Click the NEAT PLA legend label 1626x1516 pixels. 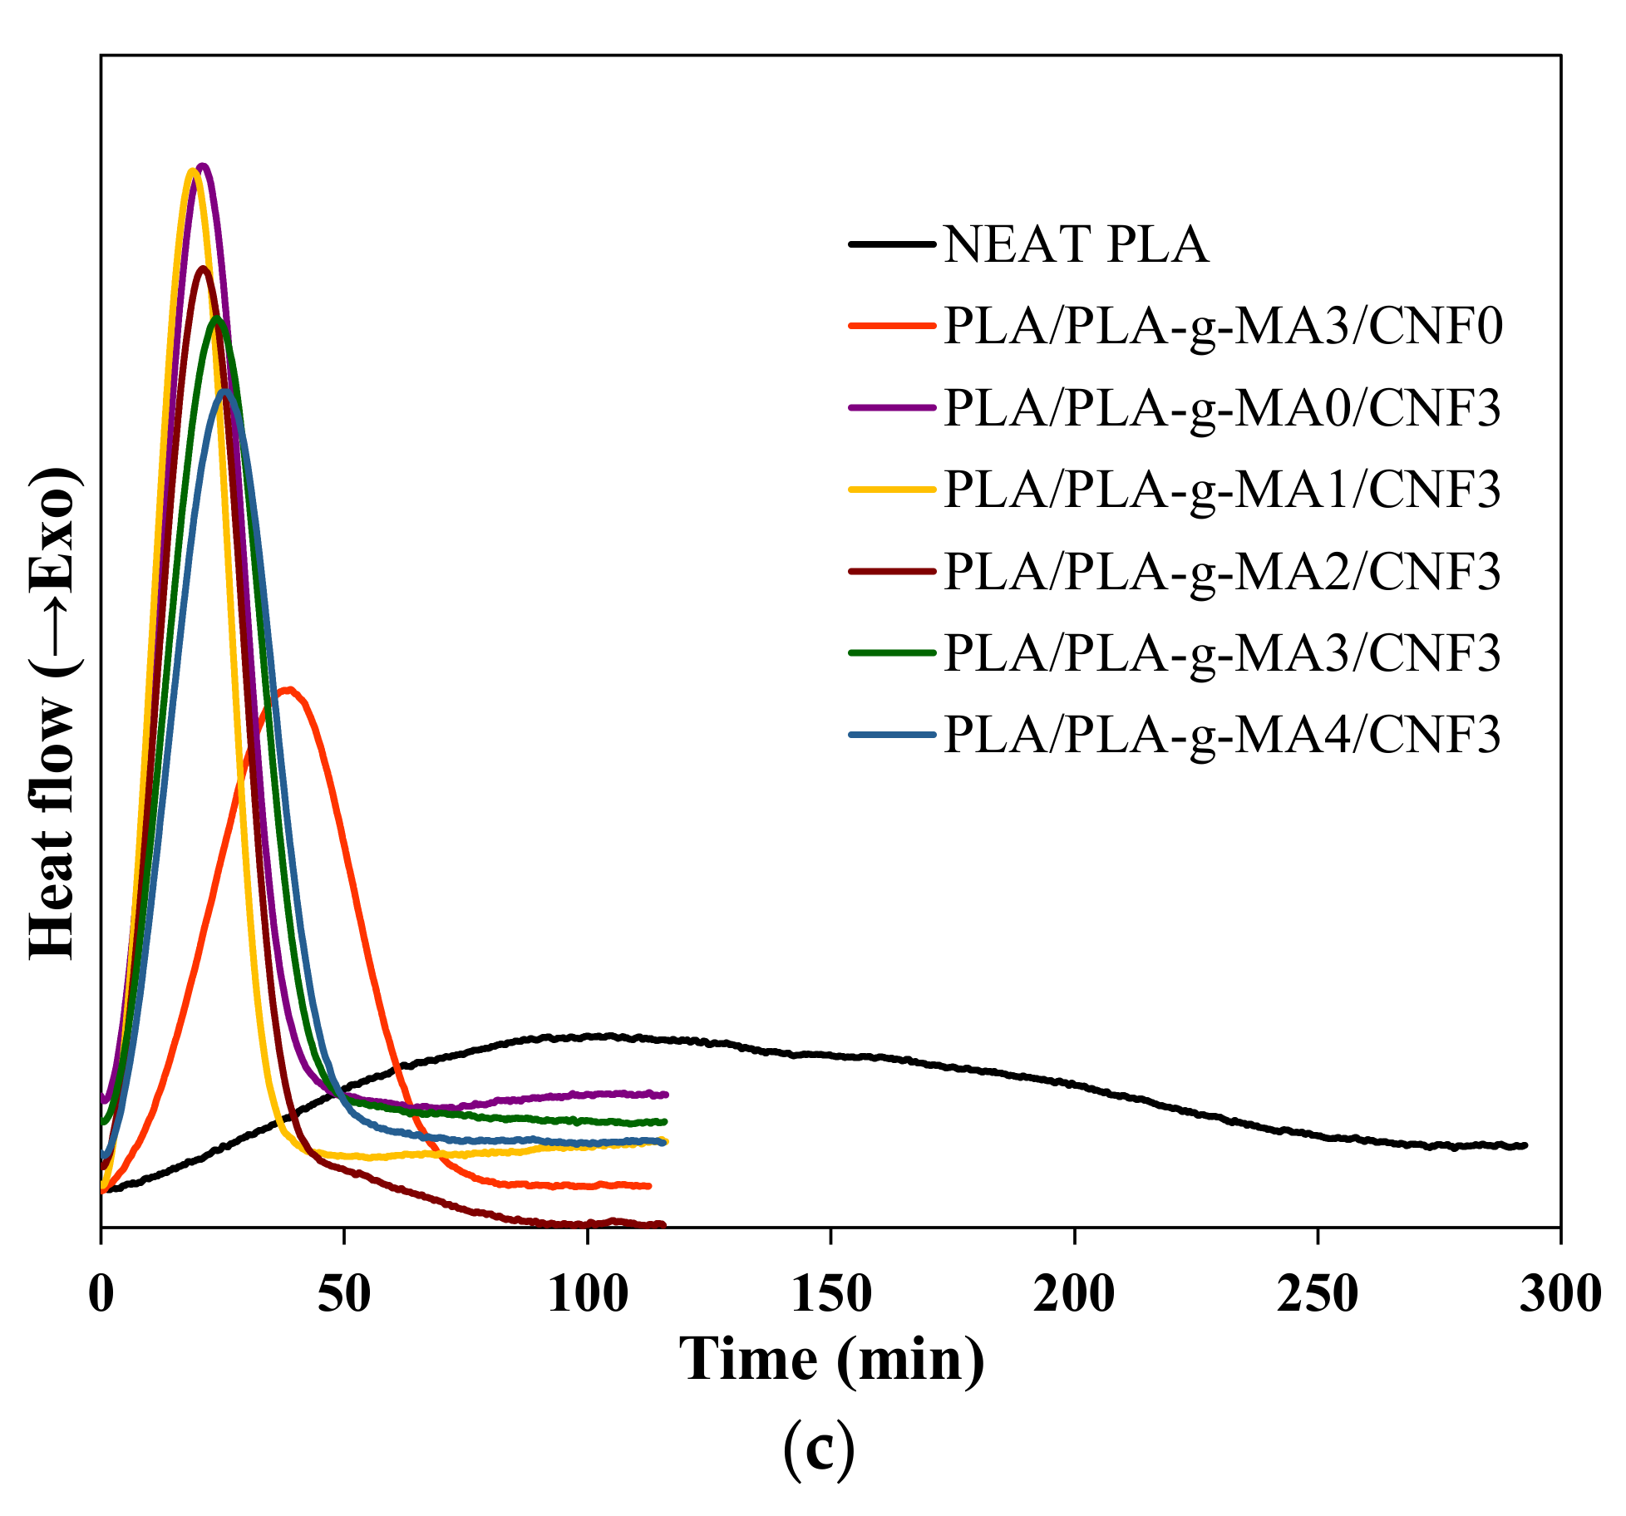point(1075,244)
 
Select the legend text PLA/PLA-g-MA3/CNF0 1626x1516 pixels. point(1223,326)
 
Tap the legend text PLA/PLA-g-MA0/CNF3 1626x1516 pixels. point(1223,407)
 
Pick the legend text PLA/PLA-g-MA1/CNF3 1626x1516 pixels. point(1223,489)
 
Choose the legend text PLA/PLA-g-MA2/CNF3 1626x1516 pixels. point(1223,570)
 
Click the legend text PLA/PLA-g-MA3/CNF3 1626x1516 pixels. point(1223,652)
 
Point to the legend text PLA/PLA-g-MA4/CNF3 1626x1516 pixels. point(1223,734)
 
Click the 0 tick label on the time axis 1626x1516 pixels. point(101,1294)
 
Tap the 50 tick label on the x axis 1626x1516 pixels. point(344,1294)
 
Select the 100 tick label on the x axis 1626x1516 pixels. point(588,1294)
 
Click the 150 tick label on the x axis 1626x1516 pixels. point(830,1294)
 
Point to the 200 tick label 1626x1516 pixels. point(1074,1294)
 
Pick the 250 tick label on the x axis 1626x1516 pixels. point(1318,1294)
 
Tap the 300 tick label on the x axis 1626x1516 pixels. point(1560,1294)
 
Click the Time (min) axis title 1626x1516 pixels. point(831,1361)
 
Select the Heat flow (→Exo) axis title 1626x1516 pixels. point(53,713)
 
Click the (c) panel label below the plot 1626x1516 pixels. point(819,1447)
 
